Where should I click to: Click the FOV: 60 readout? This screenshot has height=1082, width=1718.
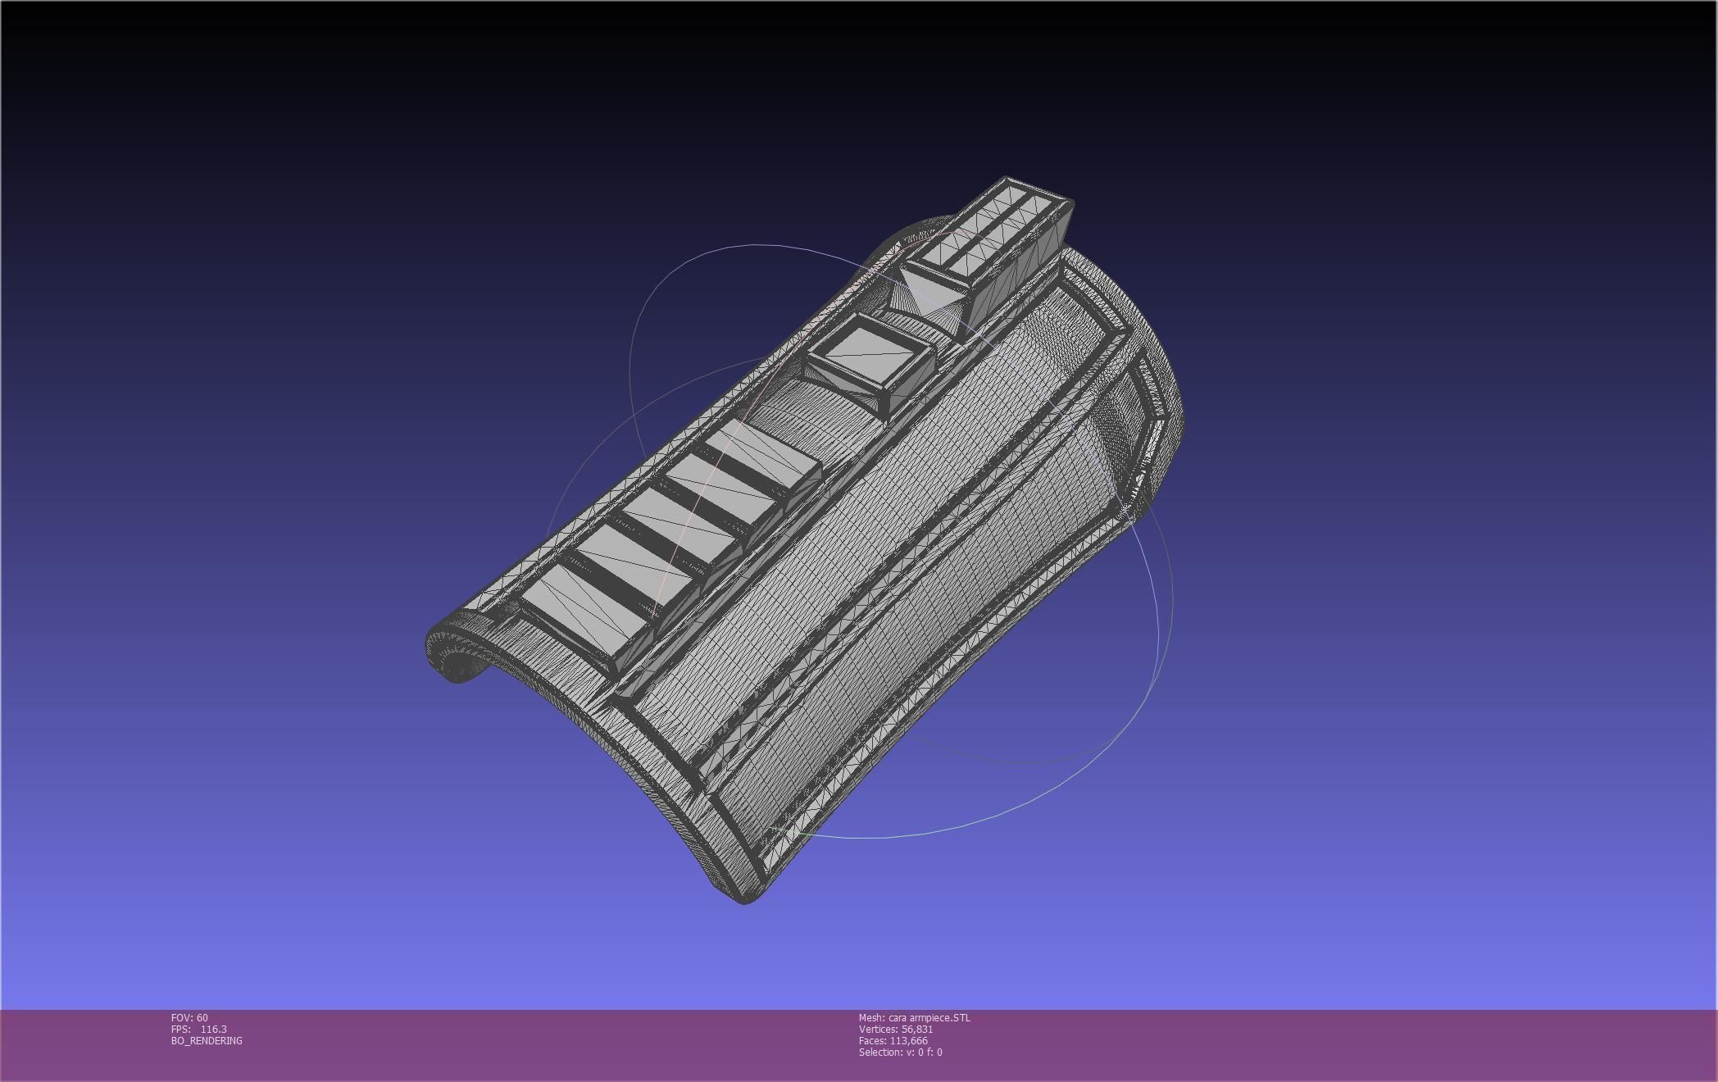pyautogui.click(x=189, y=1018)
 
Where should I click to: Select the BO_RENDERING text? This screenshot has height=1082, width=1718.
pyautogui.click(x=207, y=1041)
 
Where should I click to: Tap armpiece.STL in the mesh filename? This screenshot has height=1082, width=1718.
pyautogui.click(x=942, y=1018)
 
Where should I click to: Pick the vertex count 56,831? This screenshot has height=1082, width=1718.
pyautogui.click(x=916, y=1030)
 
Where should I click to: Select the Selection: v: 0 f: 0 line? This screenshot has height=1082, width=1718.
pyautogui.click(x=900, y=1052)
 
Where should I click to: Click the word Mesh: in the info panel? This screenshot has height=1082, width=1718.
pyautogui.click(x=871, y=1018)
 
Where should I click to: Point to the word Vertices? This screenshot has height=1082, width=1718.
pyautogui.click(x=878, y=1030)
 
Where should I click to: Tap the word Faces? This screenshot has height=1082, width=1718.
pyautogui.click(x=872, y=1041)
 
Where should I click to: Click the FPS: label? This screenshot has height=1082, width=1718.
pyautogui.click(x=180, y=1030)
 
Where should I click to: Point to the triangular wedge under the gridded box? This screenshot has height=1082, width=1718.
pyautogui.click(x=930, y=295)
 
